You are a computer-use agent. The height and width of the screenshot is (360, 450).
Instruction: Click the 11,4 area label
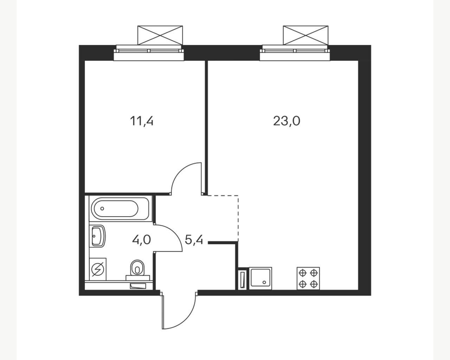[x=142, y=121]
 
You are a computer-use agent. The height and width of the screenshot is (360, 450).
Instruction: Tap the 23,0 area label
[x=287, y=121]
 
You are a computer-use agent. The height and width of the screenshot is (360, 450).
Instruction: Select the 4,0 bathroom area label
[x=141, y=240]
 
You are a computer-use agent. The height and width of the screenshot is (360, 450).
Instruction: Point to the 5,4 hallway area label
[x=194, y=240]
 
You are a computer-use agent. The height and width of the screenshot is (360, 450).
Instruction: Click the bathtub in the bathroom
[x=119, y=208]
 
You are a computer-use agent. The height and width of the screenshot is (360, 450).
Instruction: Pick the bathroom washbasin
[x=97, y=236]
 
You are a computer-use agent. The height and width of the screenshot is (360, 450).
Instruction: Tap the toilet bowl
[x=137, y=270]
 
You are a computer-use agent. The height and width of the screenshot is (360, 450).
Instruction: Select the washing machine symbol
[x=98, y=269]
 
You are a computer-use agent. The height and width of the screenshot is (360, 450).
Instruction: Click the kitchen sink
[x=261, y=278]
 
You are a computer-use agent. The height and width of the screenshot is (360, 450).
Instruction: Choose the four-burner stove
[x=308, y=278]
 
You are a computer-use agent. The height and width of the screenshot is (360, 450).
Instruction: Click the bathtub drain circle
[x=102, y=208]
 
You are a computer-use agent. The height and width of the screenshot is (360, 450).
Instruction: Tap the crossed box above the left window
[x=160, y=35]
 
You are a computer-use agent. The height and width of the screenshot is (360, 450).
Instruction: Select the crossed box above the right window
[x=306, y=35]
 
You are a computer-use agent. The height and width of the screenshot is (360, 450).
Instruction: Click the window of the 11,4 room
[x=149, y=53]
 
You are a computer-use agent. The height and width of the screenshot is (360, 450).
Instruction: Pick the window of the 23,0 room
[x=295, y=53]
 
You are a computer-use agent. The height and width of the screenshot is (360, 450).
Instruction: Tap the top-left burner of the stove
[x=303, y=273]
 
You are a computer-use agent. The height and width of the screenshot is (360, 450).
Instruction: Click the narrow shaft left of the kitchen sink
[x=242, y=279]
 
